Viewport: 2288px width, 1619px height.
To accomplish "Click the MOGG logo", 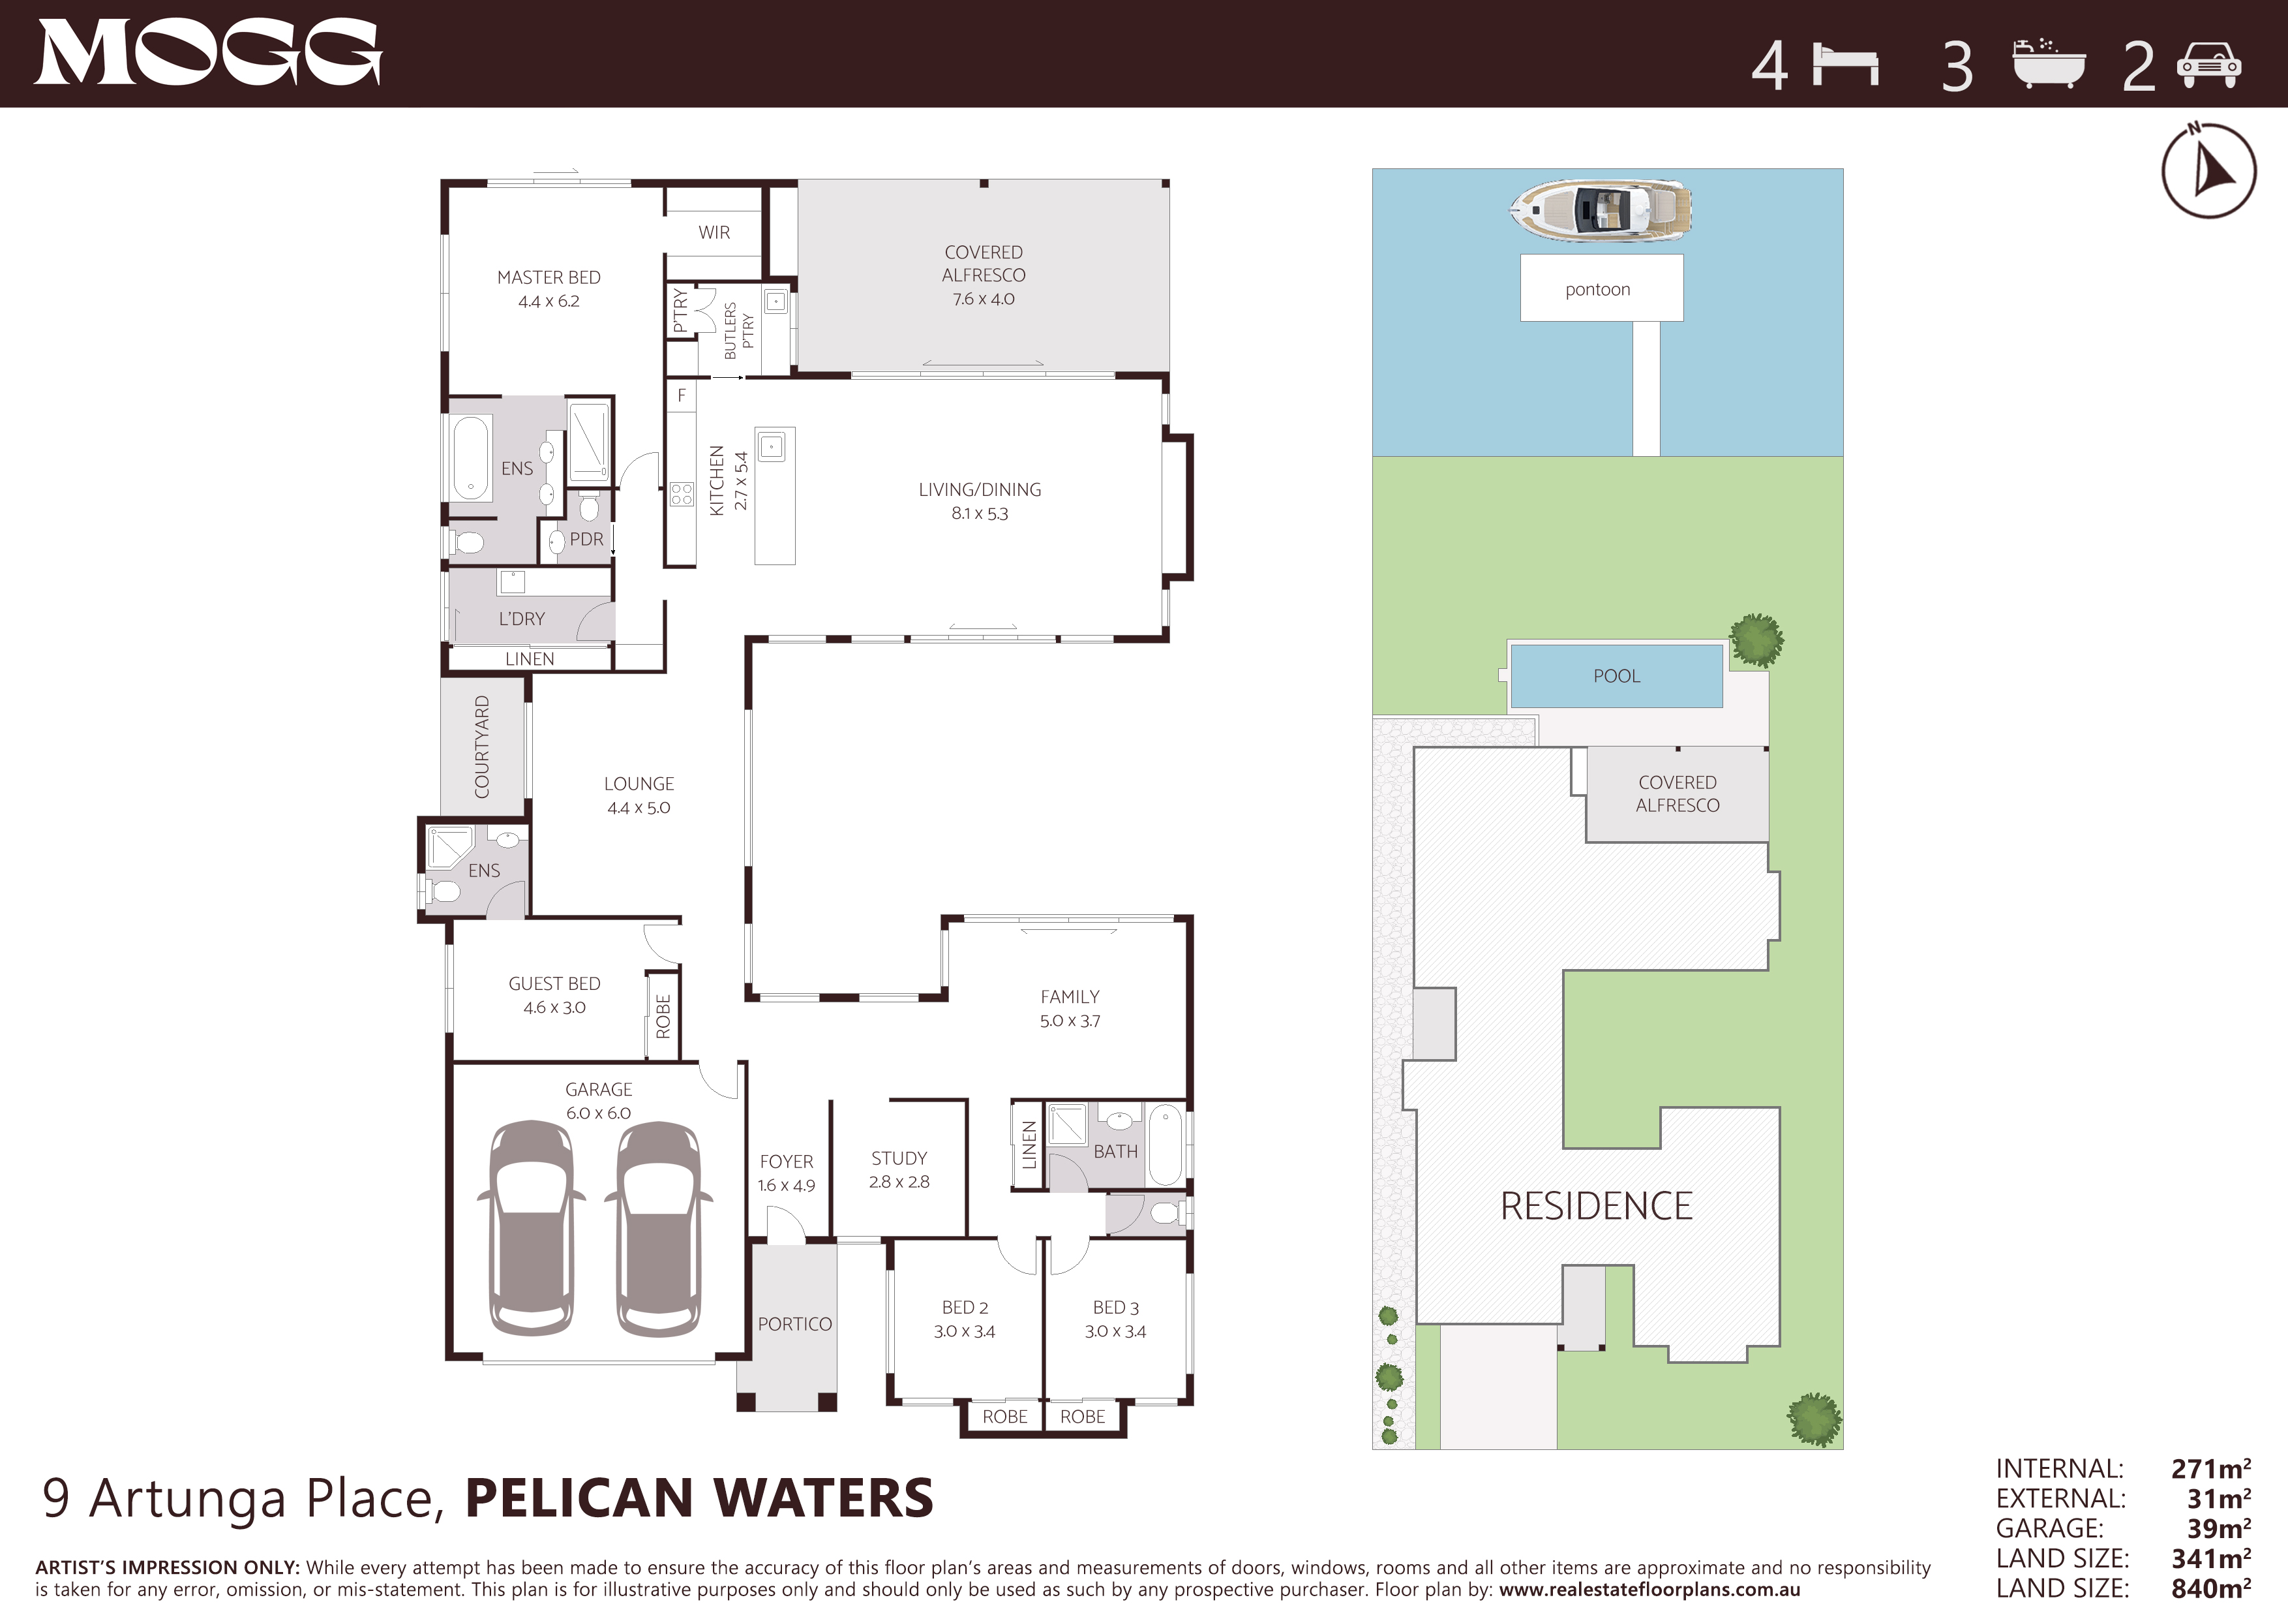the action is pyautogui.click(x=208, y=53).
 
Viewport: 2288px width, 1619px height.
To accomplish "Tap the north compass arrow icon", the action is pyautogui.click(x=2208, y=170).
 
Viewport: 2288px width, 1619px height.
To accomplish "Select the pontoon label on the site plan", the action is pyautogui.click(x=1597, y=289).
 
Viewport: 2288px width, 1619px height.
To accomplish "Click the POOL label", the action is pyautogui.click(x=1616, y=676).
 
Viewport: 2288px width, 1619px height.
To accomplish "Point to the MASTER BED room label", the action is pyautogui.click(x=549, y=277).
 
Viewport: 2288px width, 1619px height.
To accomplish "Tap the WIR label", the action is pyautogui.click(x=714, y=232).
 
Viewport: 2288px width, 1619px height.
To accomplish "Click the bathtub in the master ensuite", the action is pyautogui.click(x=472, y=457).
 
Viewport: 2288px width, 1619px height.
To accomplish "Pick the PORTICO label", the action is pyautogui.click(x=794, y=1324).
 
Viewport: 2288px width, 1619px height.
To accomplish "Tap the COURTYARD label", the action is pyautogui.click(x=482, y=747).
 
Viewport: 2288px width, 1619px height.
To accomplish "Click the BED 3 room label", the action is pyautogui.click(x=1115, y=1307).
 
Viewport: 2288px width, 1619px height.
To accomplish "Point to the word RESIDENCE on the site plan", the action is pyautogui.click(x=1597, y=1207).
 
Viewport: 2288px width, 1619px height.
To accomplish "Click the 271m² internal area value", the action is pyautogui.click(x=2211, y=1468).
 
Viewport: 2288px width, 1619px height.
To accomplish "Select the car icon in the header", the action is pyautogui.click(x=2209, y=66).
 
